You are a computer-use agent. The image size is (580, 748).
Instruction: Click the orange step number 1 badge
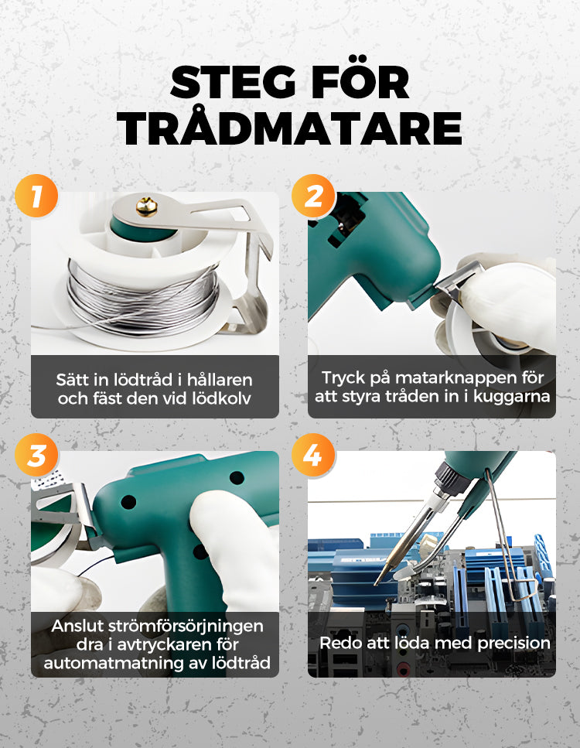tap(36, 196)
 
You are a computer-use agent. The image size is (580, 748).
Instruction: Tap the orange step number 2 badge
tap(313, 196)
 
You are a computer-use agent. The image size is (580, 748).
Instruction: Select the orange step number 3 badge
tap(36, 455)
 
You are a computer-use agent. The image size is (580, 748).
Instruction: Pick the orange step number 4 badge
tap(313, 455)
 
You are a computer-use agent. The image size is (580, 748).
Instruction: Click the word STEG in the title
tap(233, 83)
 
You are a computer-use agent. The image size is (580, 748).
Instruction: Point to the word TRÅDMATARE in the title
tap(290, 128)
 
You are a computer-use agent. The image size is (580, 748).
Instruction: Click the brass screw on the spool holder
tap(146, 207)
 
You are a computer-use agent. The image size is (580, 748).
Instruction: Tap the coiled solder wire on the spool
tap(143, 299)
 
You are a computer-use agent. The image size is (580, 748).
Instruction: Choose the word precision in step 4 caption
tap(513, 644)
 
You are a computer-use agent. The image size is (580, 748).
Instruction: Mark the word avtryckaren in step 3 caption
tap(165, 645)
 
